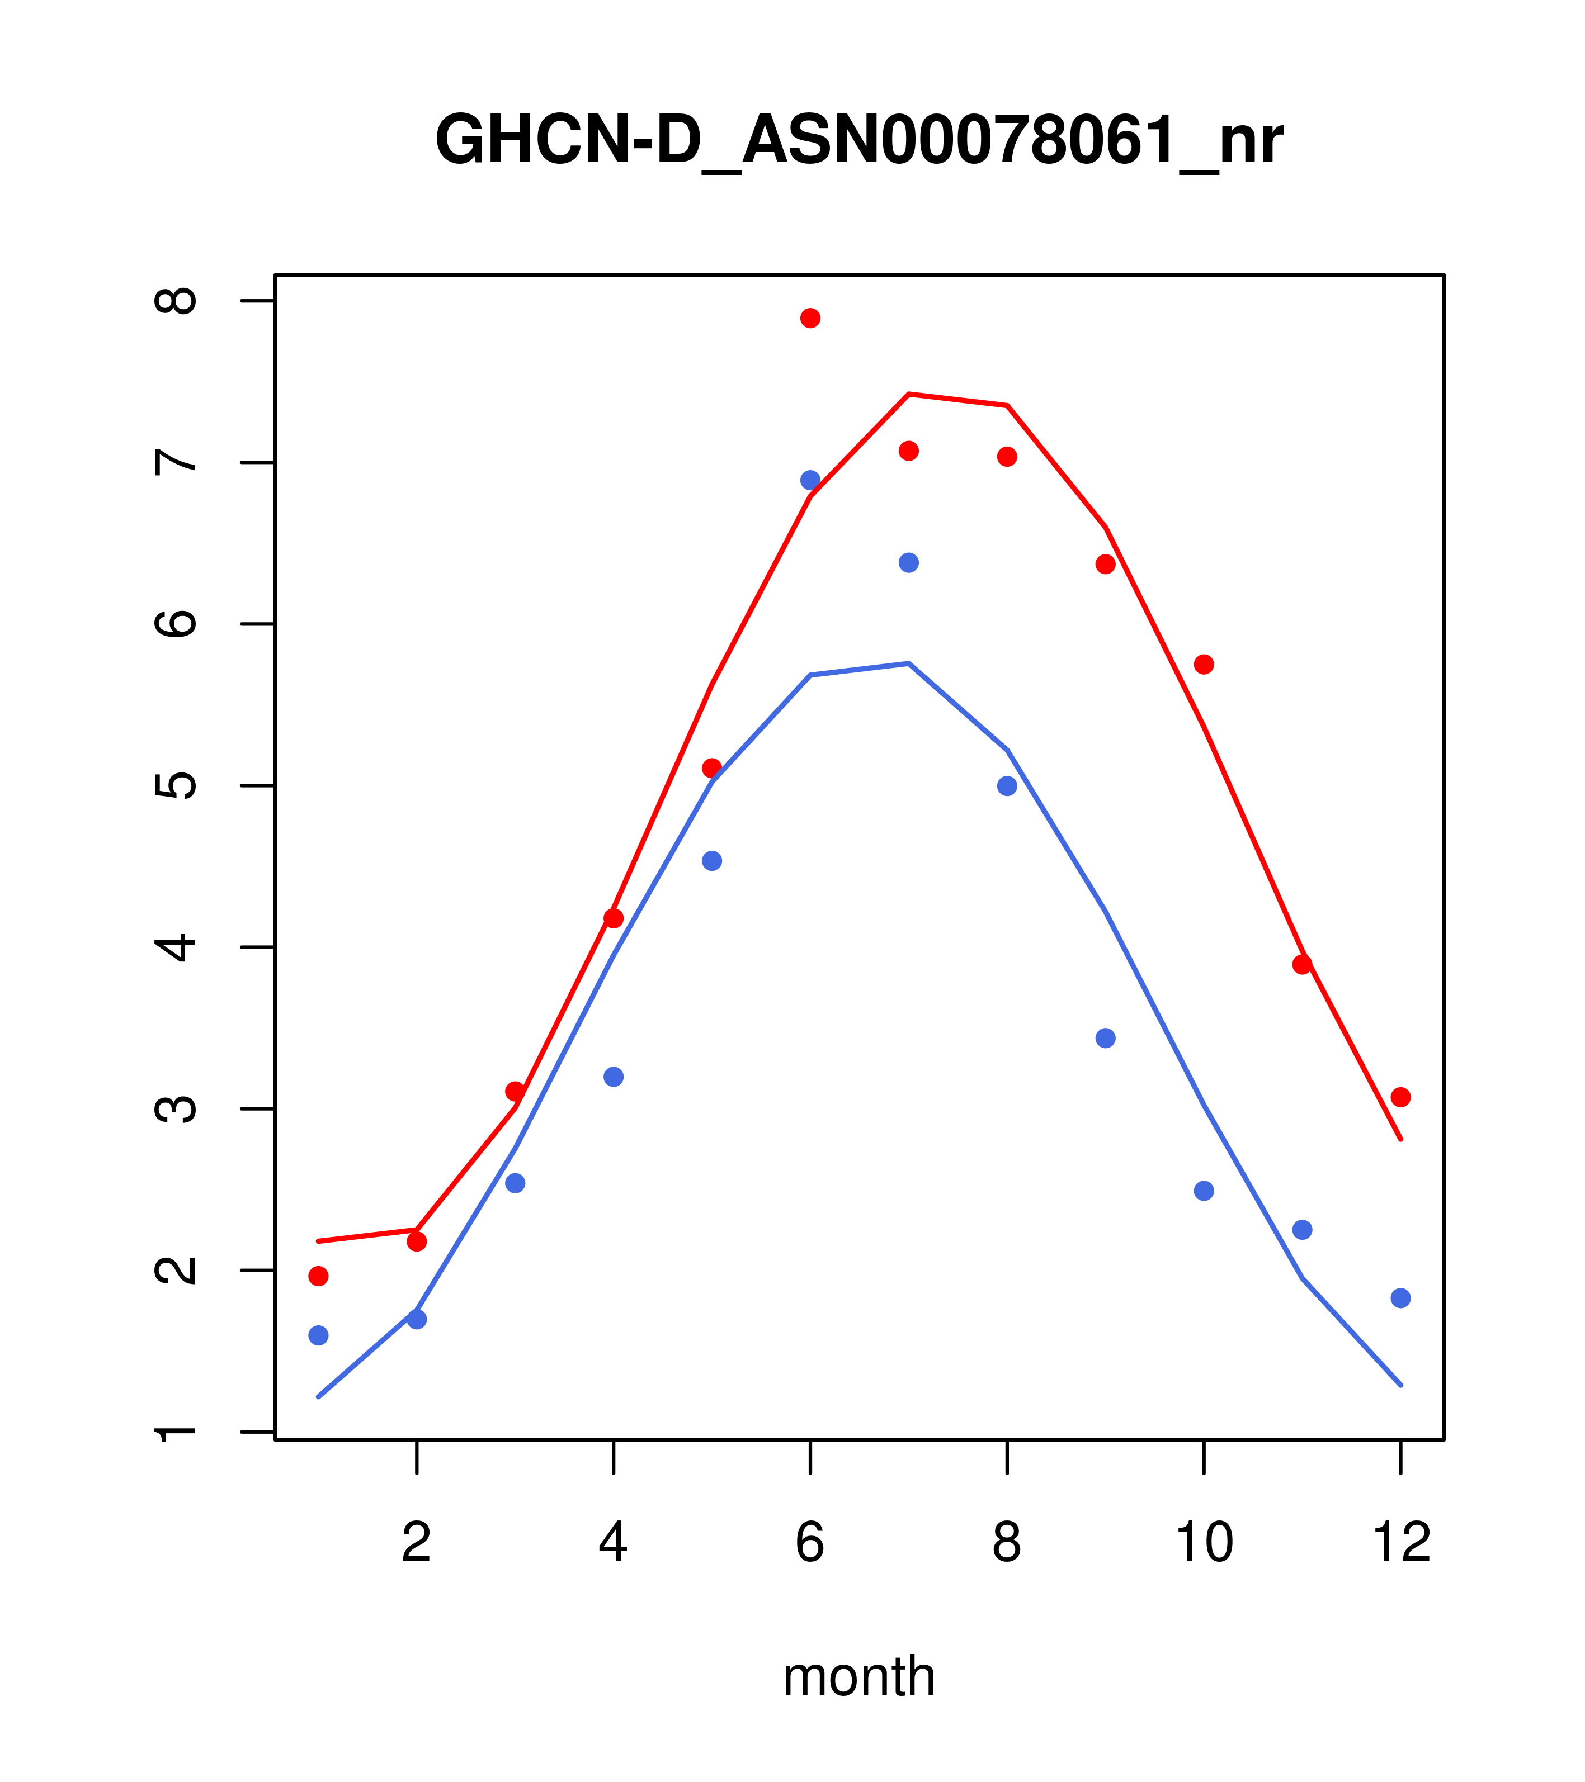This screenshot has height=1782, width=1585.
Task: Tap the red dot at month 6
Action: pyautogui.click(x=810, y=318)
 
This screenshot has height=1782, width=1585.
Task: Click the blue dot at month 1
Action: pyautogui.click(x=318, y=1335)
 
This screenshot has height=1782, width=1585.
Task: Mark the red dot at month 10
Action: pyautogui.click(x=1204, y=664)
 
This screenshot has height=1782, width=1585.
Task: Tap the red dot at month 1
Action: pyautogui.click(x=318, y=1276)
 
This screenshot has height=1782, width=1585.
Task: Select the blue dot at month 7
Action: pyautogui.click(x=908, y=563)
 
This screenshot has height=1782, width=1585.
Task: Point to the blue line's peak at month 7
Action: pyautogui.click(x=908, y=663)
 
